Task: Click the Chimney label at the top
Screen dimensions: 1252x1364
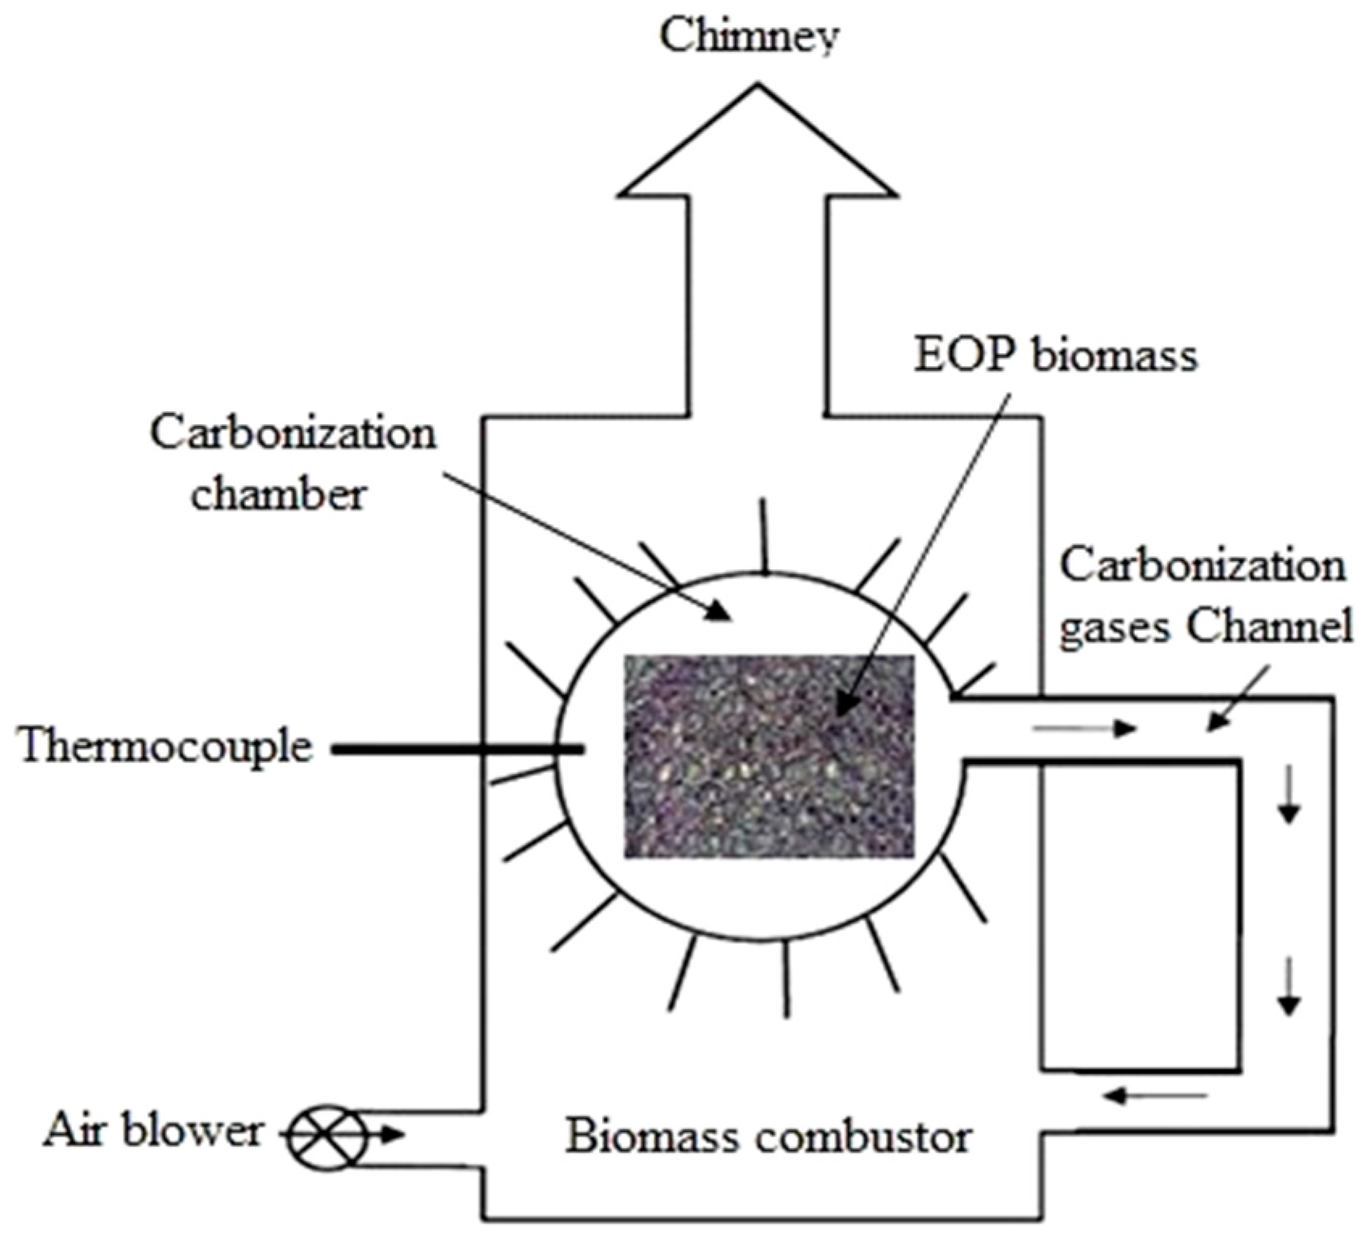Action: click(x=749, y=36)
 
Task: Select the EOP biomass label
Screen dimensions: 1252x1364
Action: click(x=1055, y=356)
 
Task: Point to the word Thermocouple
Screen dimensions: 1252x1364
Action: click(x=165, y=747)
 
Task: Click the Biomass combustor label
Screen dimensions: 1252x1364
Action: click(x=767, y=1137)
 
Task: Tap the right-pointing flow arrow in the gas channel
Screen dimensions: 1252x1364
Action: click(x=1085, y=730)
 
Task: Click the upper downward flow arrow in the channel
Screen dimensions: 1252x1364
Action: click(x=1289, y=795)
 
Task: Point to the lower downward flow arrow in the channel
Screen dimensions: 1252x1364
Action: click(x=1289, y=985)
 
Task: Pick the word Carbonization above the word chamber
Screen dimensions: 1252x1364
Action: click(x=293, y=433)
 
